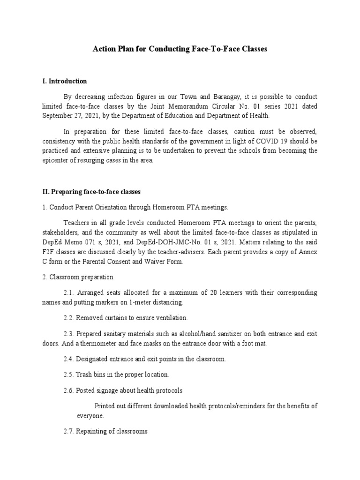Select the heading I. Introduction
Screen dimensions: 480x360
coord(64,81)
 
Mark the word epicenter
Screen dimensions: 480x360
coord(57,160)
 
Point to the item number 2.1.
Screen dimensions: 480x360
coord(69,292)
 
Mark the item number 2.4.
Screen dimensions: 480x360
coord(69,359)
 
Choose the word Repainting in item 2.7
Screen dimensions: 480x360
coord(92,431)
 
